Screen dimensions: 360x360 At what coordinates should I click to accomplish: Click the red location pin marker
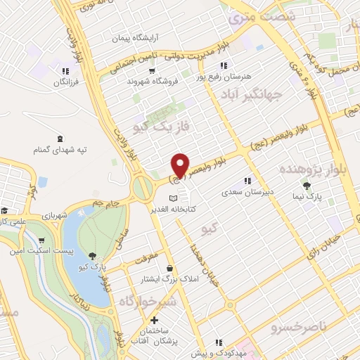point(181,165)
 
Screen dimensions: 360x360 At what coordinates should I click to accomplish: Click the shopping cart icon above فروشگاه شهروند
point(152,70)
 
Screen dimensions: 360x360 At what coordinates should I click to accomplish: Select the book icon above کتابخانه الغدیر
point(174,198)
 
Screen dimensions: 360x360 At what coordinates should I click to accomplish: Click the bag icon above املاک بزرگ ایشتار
point(170,268)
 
